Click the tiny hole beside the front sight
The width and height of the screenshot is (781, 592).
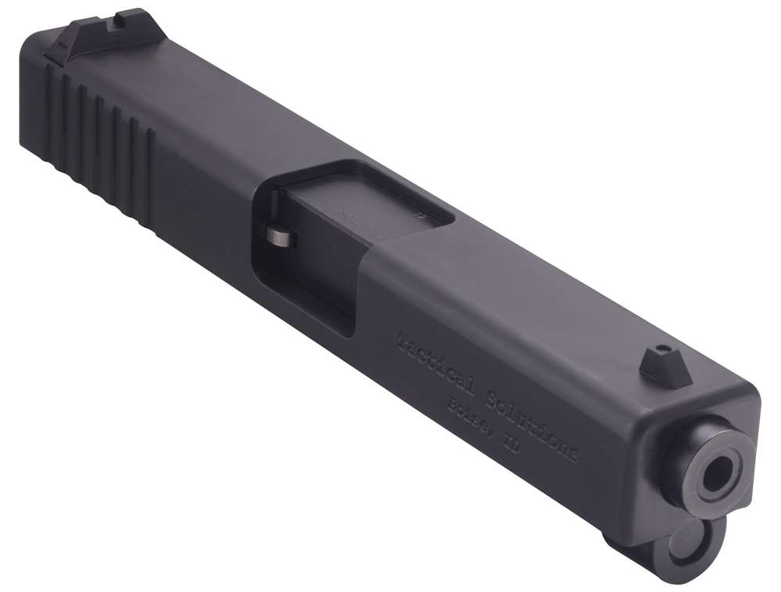[663, 348]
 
